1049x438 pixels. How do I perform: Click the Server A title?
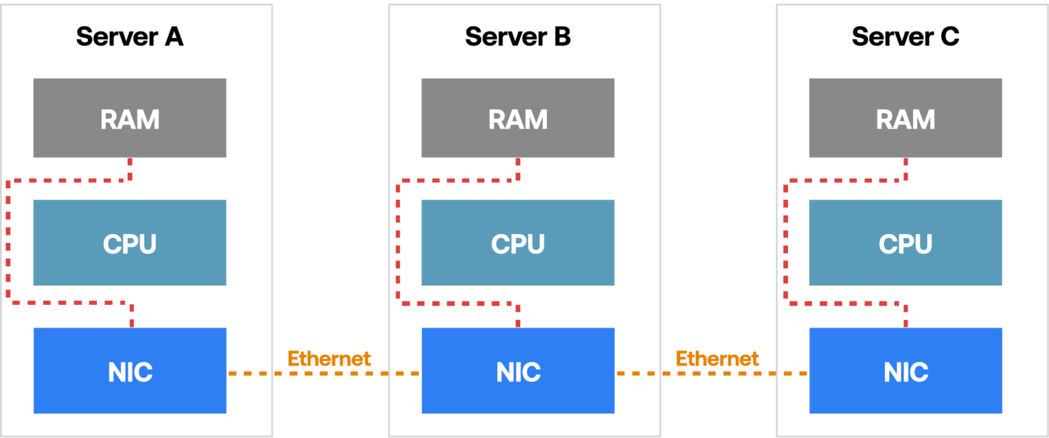point(130,37)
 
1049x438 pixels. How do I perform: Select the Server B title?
point(518,37)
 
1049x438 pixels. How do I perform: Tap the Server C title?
point(906,37)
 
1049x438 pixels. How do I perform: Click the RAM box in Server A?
point(130,118)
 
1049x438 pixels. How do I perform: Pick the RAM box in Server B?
point(518,118)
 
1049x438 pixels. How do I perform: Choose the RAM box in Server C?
point(906,118)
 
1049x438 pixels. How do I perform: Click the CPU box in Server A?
point(130,243)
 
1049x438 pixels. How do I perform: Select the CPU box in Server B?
point(518,243)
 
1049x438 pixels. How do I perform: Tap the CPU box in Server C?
point(906,243)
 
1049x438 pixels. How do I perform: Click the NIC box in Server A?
point(130,371)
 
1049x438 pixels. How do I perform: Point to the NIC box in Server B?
point(518,371)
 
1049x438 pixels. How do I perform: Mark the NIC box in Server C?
point(906,371)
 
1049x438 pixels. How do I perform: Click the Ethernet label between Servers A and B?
point(329,358)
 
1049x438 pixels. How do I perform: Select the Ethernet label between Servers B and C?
point(717,358)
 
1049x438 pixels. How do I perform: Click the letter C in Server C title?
point(949,37)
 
